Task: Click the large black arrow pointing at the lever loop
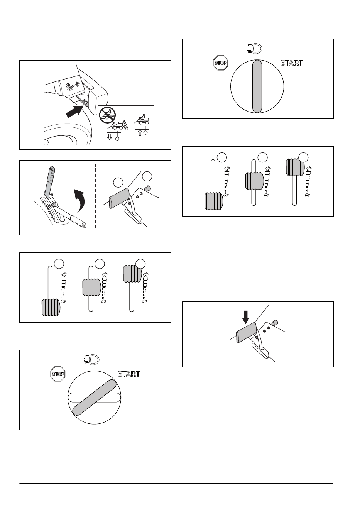point(74,111)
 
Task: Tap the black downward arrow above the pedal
point(246,318)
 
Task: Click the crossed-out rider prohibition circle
point(107,115)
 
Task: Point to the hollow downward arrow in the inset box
point(110,136)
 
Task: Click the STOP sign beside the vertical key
point(221,63)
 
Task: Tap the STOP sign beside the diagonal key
point(58,374)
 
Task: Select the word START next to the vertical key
point(292,63)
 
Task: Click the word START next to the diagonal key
point(128,374)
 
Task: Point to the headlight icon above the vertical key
point(255,49)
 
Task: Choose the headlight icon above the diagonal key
point(92,360)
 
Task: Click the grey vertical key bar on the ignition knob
point(257,86)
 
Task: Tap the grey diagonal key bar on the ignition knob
point(94,398)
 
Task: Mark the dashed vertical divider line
point(95,196)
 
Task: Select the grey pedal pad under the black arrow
point(246,333)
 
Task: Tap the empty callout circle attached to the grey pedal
point(118,183)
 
